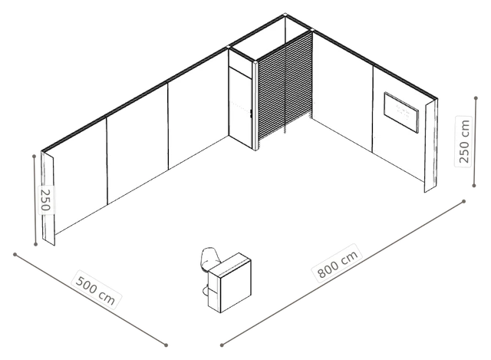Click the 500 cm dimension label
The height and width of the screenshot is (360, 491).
point(96,290)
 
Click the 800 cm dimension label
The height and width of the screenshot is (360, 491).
point(338,264)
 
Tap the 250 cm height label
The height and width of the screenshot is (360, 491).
point(464,141)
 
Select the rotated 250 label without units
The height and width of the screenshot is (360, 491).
point(46,200)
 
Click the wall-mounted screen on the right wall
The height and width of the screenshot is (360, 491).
point(401,112)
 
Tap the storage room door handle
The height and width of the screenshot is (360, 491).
point(251,114)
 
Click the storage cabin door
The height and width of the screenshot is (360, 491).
point(240,107)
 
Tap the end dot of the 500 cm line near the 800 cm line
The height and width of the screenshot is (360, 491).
point(166,345)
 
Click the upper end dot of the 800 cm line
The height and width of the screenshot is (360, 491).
point(463,201)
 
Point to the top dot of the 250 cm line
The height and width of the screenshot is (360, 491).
point(476,98)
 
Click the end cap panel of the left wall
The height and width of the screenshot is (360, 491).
point(48,198)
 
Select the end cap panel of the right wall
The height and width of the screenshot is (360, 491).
point(431,145)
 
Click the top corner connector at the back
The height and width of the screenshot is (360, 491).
point(285,15)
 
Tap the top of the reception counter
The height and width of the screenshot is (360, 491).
point(230,263)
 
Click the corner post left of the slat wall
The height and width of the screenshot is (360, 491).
point(255,105)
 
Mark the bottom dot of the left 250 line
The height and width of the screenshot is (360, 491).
point(35,244)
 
